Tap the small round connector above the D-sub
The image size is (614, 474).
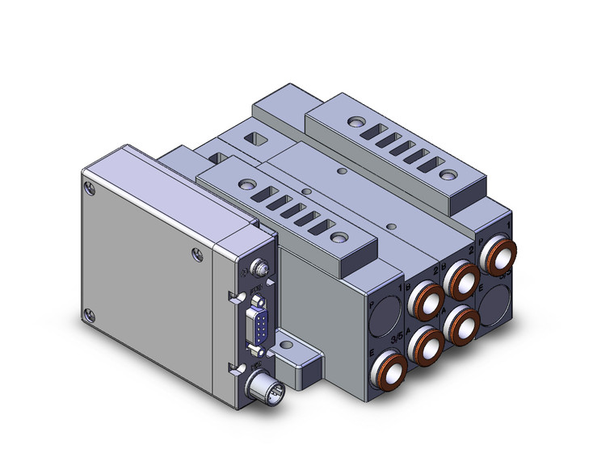pos(259,267)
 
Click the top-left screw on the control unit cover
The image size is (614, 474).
pos(88,190)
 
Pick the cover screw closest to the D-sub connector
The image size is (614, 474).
pos(197,256)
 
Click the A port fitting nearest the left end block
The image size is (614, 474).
pos(424,348)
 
